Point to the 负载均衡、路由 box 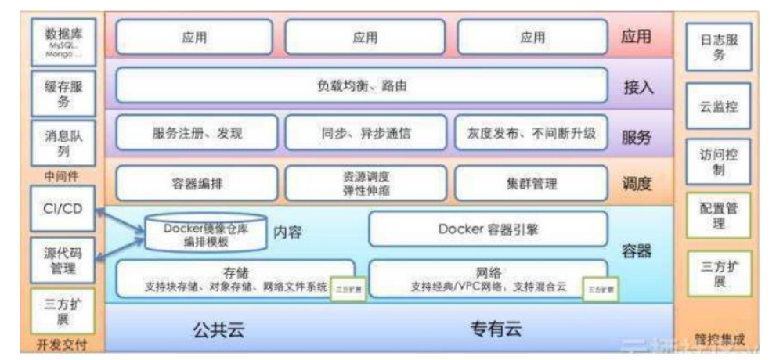[362, 86]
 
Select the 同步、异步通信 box [366, 133]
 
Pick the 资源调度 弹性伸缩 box [366, 184]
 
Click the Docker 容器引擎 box [488, 229]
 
